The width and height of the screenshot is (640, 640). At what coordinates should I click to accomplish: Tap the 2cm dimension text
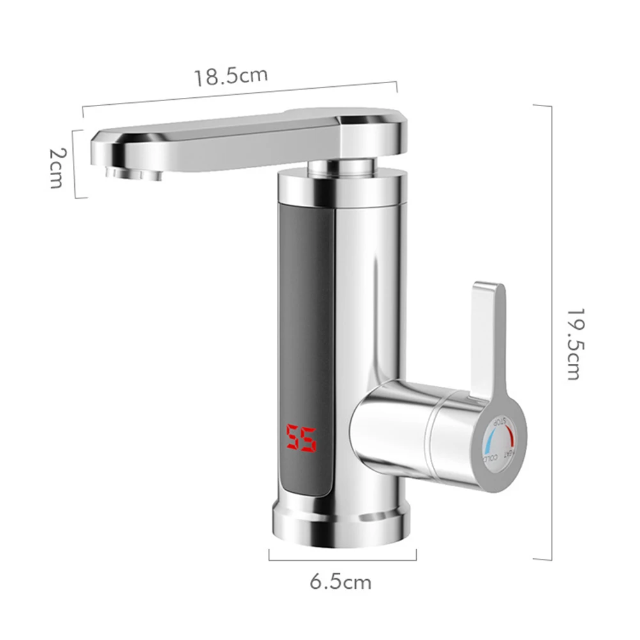57,168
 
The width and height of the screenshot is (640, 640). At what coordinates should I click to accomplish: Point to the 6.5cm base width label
340,582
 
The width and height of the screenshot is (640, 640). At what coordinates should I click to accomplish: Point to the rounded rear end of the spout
377,131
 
